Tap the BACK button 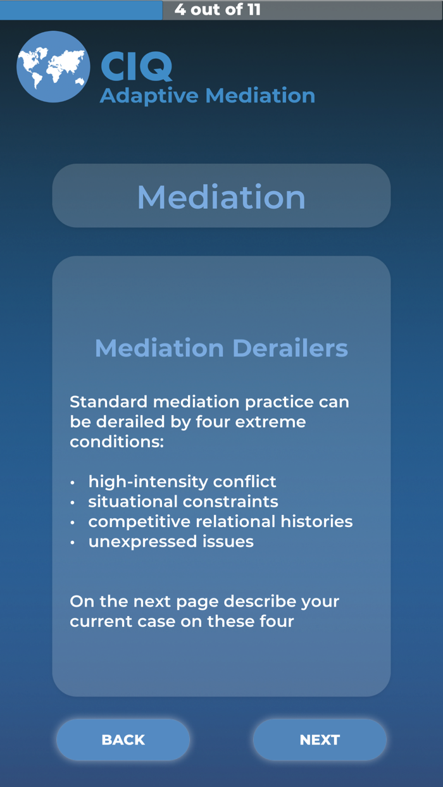123,740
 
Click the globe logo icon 53,67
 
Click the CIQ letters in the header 136,66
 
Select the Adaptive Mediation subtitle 207,96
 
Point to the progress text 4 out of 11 217,9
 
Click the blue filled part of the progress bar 81,9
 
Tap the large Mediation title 221,197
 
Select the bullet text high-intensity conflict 182,481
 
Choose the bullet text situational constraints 183,502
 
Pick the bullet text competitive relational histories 220,521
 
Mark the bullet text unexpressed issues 171,542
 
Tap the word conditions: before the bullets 116,442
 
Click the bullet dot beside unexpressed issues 73,542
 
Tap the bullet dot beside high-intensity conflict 73,483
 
